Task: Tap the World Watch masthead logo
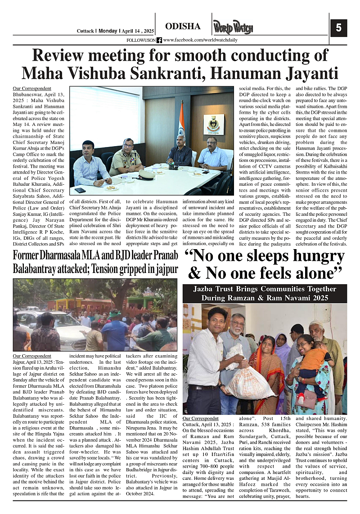click(233, 28)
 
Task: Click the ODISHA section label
click(183, 27)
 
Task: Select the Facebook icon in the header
click(159, 40)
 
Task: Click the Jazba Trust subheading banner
click(265, 293)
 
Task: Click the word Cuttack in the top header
click(85, 31)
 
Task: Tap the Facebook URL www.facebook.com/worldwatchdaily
click(200, 40)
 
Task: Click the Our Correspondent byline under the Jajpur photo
click(32, 355)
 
